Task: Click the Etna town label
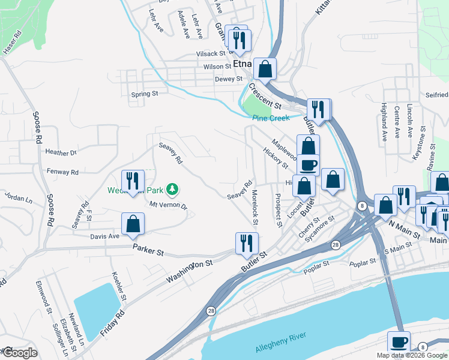242,65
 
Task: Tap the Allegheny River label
281,343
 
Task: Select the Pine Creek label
271,118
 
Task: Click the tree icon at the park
173,190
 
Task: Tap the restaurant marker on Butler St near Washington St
246,242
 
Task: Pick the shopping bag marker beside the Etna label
264,68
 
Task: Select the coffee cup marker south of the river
399,341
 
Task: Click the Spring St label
144,94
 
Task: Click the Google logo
19,353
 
